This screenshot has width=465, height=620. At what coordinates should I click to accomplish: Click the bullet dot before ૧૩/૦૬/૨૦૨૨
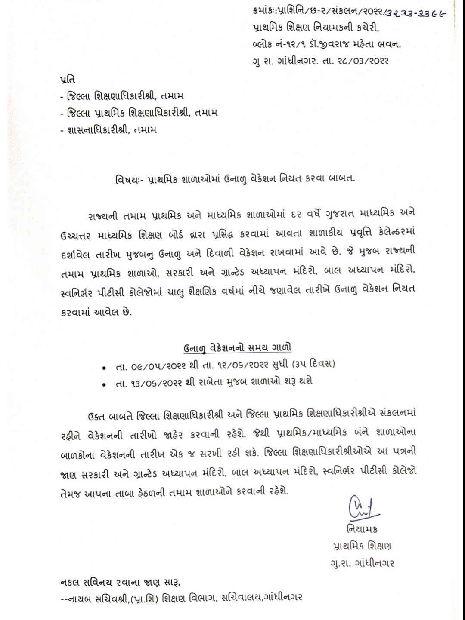[104, 384]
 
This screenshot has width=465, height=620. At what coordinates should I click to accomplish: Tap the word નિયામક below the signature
[361, 529]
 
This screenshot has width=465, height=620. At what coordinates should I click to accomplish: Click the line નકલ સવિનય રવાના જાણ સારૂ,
[120, 583]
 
